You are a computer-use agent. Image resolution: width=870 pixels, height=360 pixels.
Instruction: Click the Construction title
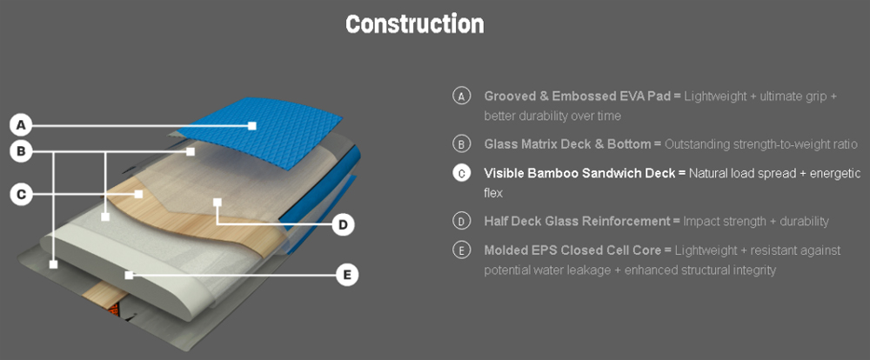(x=414, y=24)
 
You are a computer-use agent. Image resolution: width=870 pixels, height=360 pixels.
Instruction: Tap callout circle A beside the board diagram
(x=23, y=123)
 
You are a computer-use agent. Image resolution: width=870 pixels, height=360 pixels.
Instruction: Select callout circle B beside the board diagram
(x=23, y=152)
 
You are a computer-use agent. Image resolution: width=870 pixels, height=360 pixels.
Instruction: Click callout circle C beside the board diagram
(x=23, y=194)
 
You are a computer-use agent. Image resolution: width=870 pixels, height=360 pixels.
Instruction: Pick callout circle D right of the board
(x=344, y=224)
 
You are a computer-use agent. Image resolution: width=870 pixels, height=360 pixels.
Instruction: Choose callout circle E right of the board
(x=347, y=275)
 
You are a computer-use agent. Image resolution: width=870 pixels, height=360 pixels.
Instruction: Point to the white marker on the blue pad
(x=251, y=125)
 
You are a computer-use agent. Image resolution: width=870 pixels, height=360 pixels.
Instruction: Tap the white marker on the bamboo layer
(x=137, y=194)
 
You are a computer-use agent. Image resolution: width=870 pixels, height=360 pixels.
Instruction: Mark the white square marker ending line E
(x=129, y=275)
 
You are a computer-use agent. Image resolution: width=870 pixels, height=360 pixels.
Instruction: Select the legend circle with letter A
(x=461, y=96)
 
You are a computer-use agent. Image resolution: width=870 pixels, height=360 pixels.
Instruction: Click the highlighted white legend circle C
(x=461, y=173)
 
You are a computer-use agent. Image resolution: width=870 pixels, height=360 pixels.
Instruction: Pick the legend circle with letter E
(x=461, y=250)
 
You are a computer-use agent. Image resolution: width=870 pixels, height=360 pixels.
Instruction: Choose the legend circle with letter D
(x=461, y=221)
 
